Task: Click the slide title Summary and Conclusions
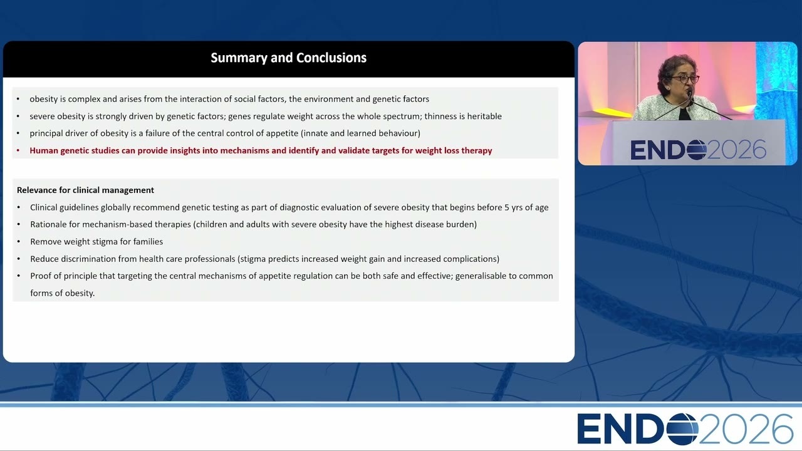[x=289, y=58]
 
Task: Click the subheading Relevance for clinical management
[x=85, y=190]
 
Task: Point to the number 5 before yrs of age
[x=507, y=207]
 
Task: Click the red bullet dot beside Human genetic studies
[x=18, y=151]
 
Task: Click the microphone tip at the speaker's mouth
[x=689, y=94]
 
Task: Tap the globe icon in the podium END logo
[x=697, y=150]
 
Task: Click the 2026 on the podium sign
[x=737, y=150]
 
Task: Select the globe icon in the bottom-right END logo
[x=682, y=429]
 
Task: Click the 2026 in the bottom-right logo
[x=746, y=429]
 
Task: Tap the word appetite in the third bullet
[x=282, y=133]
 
